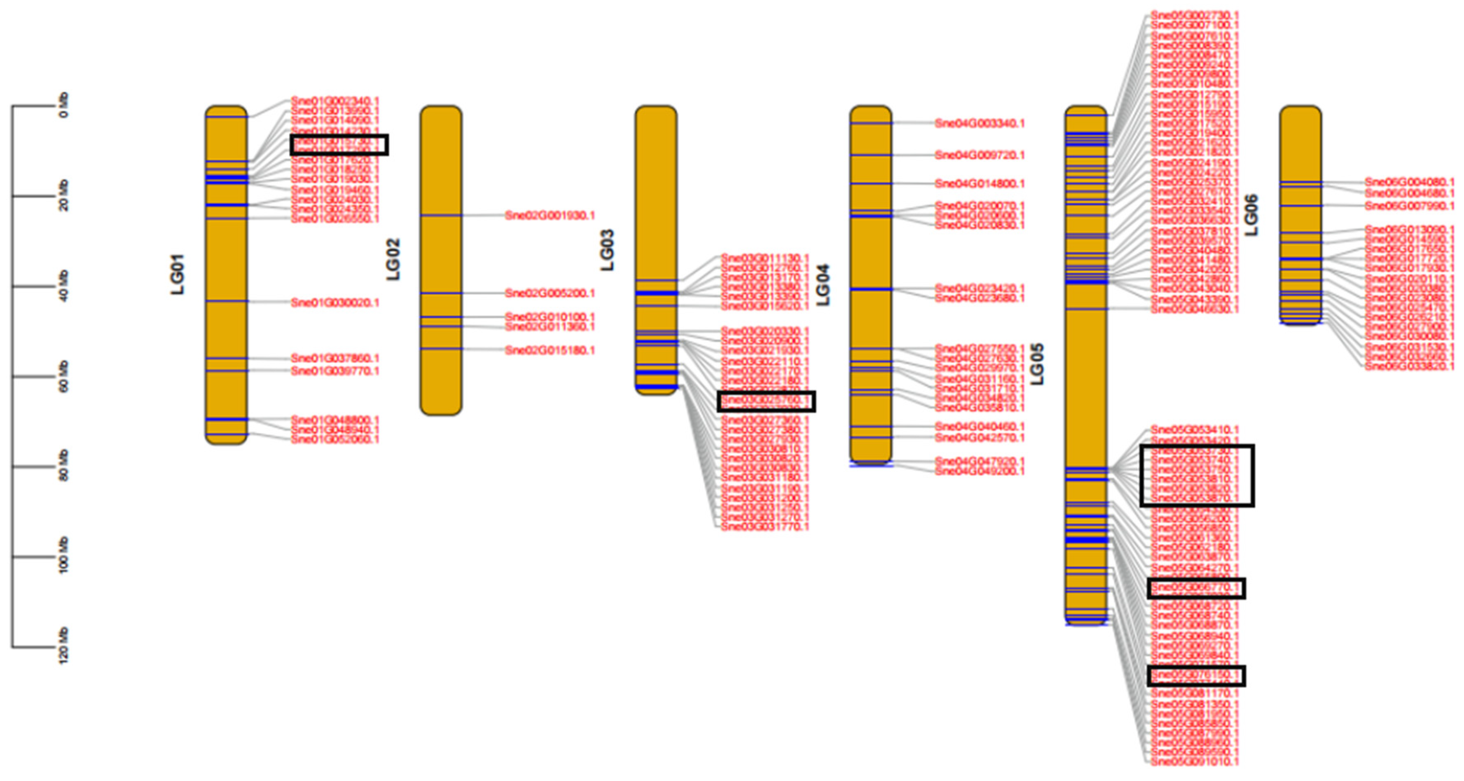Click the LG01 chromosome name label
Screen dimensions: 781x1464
pos(178,274)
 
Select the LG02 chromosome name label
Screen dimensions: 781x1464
pos(393,259)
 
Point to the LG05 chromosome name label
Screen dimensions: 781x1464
pos(1038,364)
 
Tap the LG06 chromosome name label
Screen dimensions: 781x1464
pos(1252,215)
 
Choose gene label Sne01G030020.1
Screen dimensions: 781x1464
pos(335,303)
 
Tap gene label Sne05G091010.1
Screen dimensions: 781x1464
pos(1195,762)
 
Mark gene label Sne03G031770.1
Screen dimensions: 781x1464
pos(765,527)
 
